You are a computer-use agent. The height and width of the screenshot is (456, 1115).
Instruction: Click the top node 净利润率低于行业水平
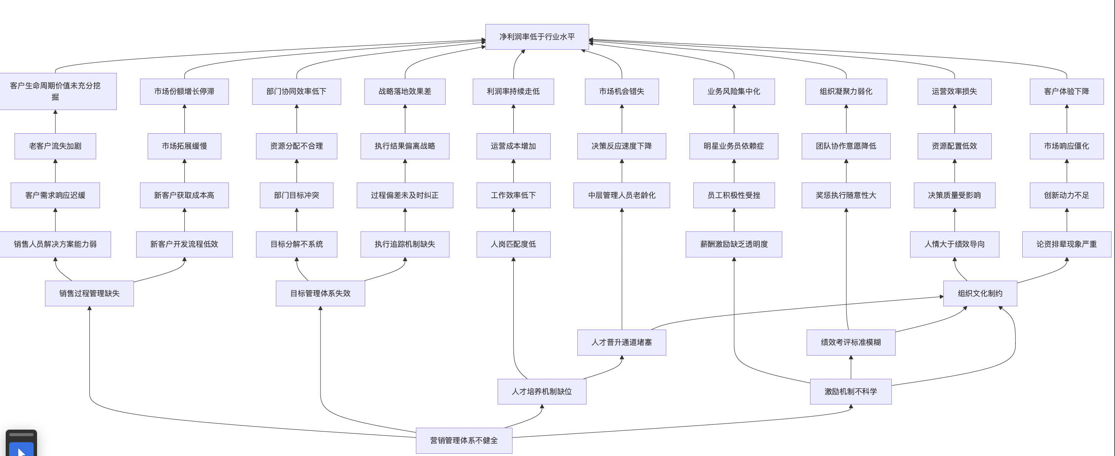[x=537, y=37]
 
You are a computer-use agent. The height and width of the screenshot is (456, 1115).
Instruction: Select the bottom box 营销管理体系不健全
[x=464, y=440]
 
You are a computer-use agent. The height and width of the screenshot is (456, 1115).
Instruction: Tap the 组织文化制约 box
[x=980, y=293]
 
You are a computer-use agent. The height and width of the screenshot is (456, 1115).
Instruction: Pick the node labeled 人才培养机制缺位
[x=541, y=391]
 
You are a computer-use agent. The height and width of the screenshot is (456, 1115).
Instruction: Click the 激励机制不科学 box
[x=851, y=391]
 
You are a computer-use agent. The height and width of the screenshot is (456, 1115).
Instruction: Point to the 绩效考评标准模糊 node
[x=851, y=342]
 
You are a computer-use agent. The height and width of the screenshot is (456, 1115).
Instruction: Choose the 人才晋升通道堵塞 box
[x=622, y=342]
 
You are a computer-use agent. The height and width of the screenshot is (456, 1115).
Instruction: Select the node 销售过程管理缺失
[x=89, y=293]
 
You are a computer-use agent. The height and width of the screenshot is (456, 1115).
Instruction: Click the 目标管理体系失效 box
[x=320, y=293]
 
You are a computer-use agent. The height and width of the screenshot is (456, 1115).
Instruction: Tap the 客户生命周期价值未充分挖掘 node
[x=55, y=91]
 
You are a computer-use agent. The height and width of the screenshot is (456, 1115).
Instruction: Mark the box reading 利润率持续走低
[x=513, y=91]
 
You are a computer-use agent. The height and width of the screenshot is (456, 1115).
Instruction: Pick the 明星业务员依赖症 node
[x=734, y=146]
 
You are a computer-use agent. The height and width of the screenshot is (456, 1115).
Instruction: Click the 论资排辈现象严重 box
[x=1066, y=244]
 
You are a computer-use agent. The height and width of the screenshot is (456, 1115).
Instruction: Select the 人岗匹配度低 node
[x=513, y=244]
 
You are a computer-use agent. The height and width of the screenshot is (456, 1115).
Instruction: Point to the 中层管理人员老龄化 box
[x=622, y=195]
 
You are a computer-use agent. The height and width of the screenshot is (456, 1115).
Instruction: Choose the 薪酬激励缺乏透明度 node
[x=734, y=244]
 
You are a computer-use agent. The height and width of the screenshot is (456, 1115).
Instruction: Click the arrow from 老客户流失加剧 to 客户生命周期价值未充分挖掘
[x=55, y=122]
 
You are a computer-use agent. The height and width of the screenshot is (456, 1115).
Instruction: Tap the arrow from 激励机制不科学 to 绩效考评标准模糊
[x=851, y=367]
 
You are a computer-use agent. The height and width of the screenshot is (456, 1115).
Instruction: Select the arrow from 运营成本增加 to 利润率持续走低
[x=513, y=119]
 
